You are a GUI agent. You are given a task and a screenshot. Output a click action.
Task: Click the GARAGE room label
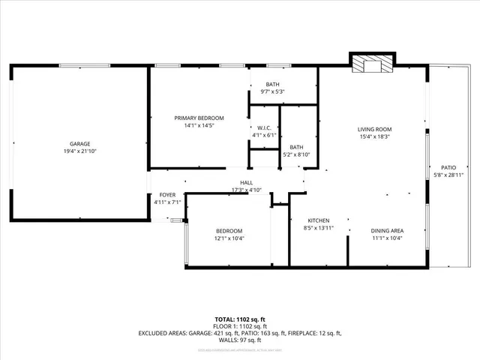tap(80, 143)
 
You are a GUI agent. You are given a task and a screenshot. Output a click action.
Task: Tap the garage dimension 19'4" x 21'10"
tap(80, 151)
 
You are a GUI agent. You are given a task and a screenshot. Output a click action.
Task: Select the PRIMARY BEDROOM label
tap(199, 118)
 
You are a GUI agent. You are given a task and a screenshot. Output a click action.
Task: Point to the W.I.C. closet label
tap(264, 127)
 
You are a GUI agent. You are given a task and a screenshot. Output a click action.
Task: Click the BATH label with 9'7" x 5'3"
tap(273, 84)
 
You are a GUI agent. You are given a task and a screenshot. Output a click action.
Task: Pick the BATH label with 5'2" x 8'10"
tap(297, 147)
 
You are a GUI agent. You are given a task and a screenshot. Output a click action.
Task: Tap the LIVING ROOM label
tap(374, 129)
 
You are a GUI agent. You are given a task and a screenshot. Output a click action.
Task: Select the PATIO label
tap(448, 167)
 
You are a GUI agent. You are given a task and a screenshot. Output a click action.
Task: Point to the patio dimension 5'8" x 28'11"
tap(448, 175)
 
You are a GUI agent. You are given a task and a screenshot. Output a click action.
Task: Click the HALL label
tap(246, 182)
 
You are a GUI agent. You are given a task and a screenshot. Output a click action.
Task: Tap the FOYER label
tap(166, 194)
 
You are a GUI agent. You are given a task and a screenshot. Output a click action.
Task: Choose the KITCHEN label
tap(318, 220)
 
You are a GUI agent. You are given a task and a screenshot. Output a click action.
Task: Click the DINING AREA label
tap(387, 230)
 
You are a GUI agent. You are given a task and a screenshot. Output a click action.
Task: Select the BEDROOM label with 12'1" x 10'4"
tap(229, 230)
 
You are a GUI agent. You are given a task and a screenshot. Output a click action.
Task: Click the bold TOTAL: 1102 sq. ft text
tap(239, 319)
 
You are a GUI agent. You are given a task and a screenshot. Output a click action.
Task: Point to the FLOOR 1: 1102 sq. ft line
tap(239, 326)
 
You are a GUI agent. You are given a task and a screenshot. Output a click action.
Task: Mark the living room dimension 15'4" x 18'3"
tap(374, 137)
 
